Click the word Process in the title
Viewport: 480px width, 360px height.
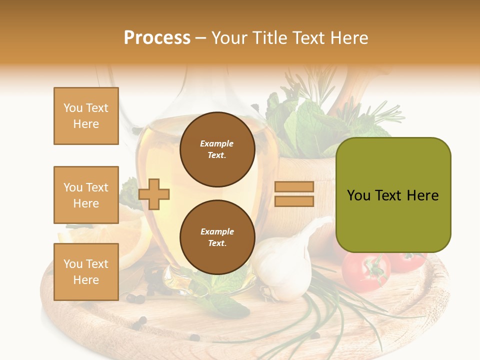pyautogui.click(x=157, y=38)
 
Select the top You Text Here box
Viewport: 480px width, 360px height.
pyautogui.click(x=86, y=116)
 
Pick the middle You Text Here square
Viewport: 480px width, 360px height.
pyautogui.click(x=86, y=195)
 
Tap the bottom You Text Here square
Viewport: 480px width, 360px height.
pyautogui.click(x=86, y=272)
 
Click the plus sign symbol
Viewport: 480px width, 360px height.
pyautogui.click(x=154, y=193)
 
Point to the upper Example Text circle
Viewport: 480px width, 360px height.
pyautogui.click(x=217, y=149)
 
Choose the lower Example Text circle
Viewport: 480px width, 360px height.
pyautogui.click(x=217, y=237)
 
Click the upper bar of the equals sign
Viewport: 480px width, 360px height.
pyautogui.click(x=294, y=186)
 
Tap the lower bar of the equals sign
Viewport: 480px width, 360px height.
pyautogui.click(x=294, y=201)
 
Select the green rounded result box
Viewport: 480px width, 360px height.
pyautogui.click(x=393, y=195)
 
